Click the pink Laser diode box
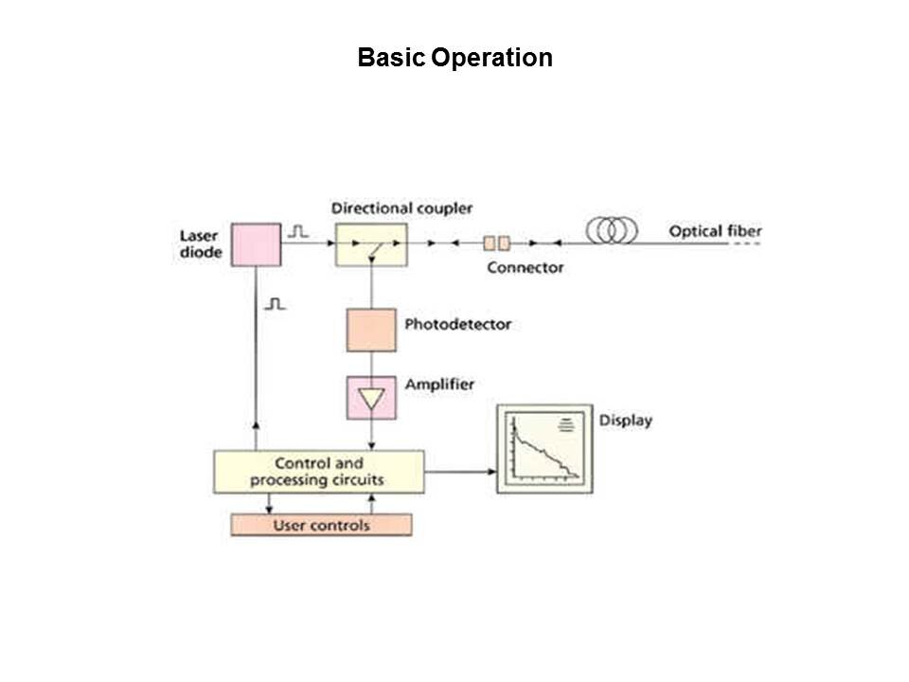(x=256, y=244)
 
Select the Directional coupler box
(x=371, y=244)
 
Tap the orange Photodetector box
(x=371, y=330)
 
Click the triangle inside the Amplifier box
(x=371, y=399)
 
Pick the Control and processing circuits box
(x=318, y=472)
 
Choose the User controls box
(x=322, y=525)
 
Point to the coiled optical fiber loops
(x=612, y=230)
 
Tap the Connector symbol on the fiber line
(x=497, y=243)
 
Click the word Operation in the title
(x=491, y=59)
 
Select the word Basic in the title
(x=392, y=59)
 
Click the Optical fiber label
(x=715, y=231)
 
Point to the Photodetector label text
(x=457, y=324)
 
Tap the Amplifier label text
(x=439, y=385)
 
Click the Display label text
(x=626, y=420)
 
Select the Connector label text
(x=526, y=267)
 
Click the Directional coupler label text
(x=402, y=207)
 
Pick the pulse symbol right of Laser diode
(x=298, y=230)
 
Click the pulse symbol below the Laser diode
(x=275, y=304)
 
